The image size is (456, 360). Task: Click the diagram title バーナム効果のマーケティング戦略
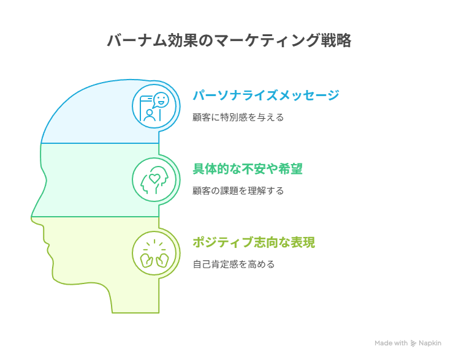click(229, 40)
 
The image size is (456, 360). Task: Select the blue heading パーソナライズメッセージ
click(266, 95)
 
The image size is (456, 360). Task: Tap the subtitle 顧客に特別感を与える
click(238, 118)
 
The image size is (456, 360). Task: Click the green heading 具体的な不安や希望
click(248, 169)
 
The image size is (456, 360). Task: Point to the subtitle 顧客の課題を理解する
click(238, 191)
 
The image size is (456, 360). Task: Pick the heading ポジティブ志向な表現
click(254, 242)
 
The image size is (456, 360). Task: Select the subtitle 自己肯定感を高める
click(234, 264)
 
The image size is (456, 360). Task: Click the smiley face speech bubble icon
click(161, 100)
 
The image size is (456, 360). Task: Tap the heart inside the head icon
click(154, 178)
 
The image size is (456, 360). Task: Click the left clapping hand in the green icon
click(146, 260)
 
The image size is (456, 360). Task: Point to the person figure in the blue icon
click(150, 115)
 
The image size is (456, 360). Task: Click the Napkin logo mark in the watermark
click(413, 343)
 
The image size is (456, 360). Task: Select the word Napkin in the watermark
click(430, 343)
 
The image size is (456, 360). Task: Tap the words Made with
click(391, 343)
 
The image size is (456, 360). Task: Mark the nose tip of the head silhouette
click(31, 217)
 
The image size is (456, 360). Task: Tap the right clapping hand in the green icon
click(162, 260)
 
